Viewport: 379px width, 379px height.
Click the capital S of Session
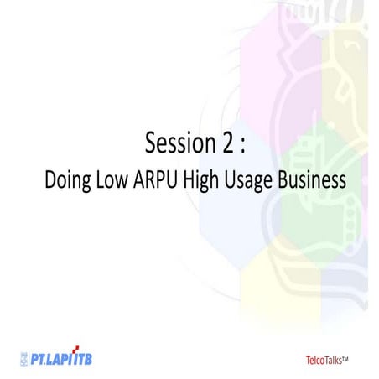pos(151,143)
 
